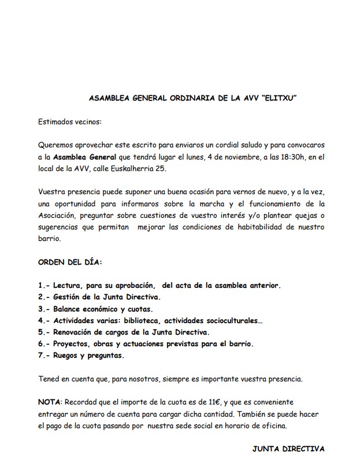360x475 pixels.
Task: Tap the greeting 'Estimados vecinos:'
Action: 69,122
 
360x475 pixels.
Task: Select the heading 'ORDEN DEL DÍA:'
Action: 70,262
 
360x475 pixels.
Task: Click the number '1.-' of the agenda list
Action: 44,285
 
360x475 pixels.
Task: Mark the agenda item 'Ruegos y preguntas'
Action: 88,355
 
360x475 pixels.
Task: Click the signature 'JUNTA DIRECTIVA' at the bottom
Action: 289,448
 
